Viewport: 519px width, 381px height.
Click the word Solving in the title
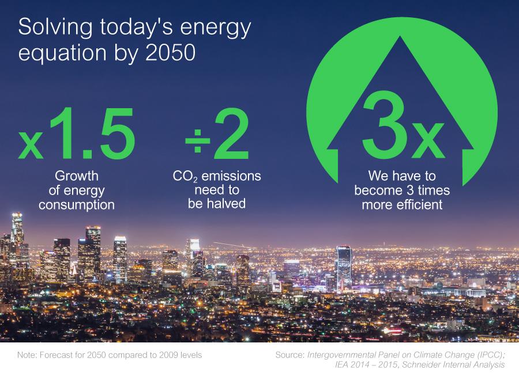click(55, 28)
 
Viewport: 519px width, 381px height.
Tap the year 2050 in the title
click(171, 52)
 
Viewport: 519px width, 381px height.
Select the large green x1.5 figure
click(77, 134)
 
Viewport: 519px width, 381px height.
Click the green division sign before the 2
click(198, 141)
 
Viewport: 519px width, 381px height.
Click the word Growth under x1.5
click(77, 176)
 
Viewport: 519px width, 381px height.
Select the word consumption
click(77, 205)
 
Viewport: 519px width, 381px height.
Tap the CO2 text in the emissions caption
click(185, 177)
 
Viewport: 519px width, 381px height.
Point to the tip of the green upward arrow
click(400, 36)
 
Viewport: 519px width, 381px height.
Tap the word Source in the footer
click(289, 355)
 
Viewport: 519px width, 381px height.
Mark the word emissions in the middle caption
click(231, 176)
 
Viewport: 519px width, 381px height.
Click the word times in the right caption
click(434, 190)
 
